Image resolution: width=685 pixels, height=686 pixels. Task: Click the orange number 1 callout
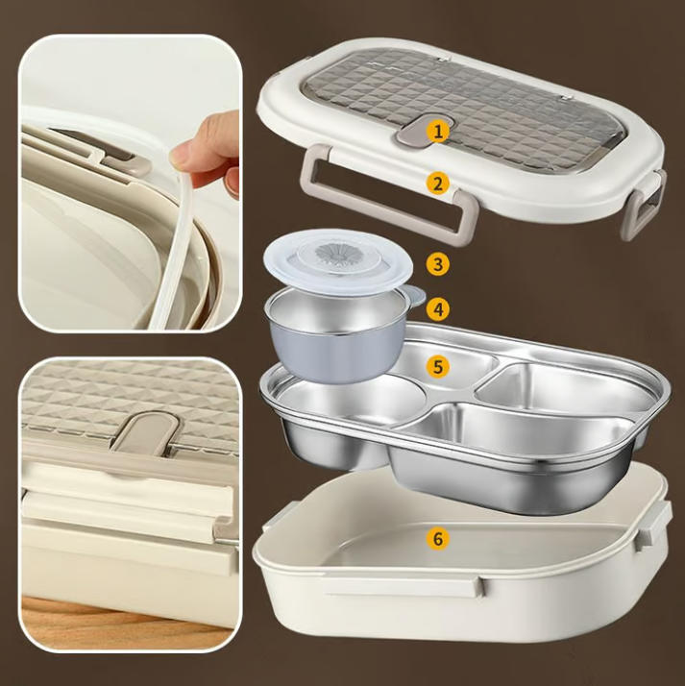coord(438,131)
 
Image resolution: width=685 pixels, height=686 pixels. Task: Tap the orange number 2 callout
coord(438,183)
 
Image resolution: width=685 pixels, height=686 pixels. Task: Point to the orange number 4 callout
coord(438,308)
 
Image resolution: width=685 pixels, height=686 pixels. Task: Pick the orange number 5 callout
coord(438,366)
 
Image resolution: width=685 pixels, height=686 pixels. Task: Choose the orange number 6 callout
coord(438,538)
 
